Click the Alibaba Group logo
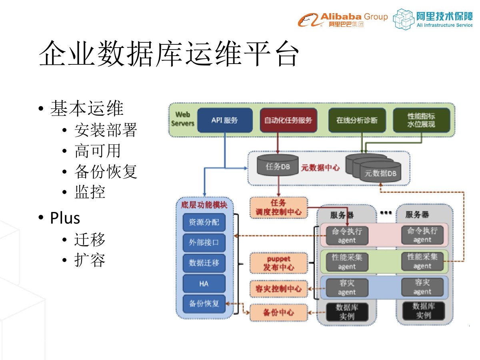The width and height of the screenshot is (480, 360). pos(342,19)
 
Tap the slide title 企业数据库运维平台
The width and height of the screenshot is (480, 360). pos(169,54)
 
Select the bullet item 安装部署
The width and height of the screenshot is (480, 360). pos(106,130)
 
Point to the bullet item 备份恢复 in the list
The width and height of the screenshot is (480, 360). pos(106,172)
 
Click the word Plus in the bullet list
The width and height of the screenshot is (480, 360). pos(65,218)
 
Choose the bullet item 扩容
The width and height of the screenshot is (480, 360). pos(90,260)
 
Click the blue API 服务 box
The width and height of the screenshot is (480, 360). pos(225,120)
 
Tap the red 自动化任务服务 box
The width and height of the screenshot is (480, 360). pos(288,120)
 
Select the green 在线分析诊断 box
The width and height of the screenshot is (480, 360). pos(356,120)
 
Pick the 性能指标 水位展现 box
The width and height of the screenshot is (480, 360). pos(421,120)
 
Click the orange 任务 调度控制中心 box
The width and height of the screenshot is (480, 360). pos(279,208)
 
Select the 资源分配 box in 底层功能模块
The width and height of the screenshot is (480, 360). pos(204,222)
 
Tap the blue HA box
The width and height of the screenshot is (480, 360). pos(204,284)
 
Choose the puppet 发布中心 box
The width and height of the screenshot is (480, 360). pos(279,263)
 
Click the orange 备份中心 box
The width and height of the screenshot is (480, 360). pos(279,312)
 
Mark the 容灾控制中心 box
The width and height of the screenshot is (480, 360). pos(279,288)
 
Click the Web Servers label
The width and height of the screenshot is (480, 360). pos(183,119)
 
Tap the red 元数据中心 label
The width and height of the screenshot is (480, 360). pos(320,168)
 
